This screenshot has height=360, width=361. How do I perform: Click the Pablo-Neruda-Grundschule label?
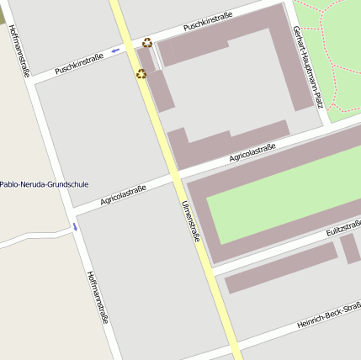coord(44,184)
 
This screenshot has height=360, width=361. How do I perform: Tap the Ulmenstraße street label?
coord(191,222)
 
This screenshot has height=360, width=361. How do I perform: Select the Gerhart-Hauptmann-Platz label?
coord(306,66)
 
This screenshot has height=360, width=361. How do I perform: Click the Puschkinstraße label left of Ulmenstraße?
coord(79,65)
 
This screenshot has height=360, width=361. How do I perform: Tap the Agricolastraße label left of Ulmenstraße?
coord(124,195)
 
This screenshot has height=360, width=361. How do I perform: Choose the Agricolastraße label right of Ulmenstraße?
coord(252,153)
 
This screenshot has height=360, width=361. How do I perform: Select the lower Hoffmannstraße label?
coord(98,297)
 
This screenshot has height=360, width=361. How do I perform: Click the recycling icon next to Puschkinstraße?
coord(147,42)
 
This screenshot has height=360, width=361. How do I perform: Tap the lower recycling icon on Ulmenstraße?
coord(141,74)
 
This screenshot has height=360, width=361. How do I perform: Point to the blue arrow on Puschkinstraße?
coord(115,50)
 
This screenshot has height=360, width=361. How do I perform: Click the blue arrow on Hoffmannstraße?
coord(74,227)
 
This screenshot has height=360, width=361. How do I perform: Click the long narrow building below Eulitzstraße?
coord(279,268)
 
